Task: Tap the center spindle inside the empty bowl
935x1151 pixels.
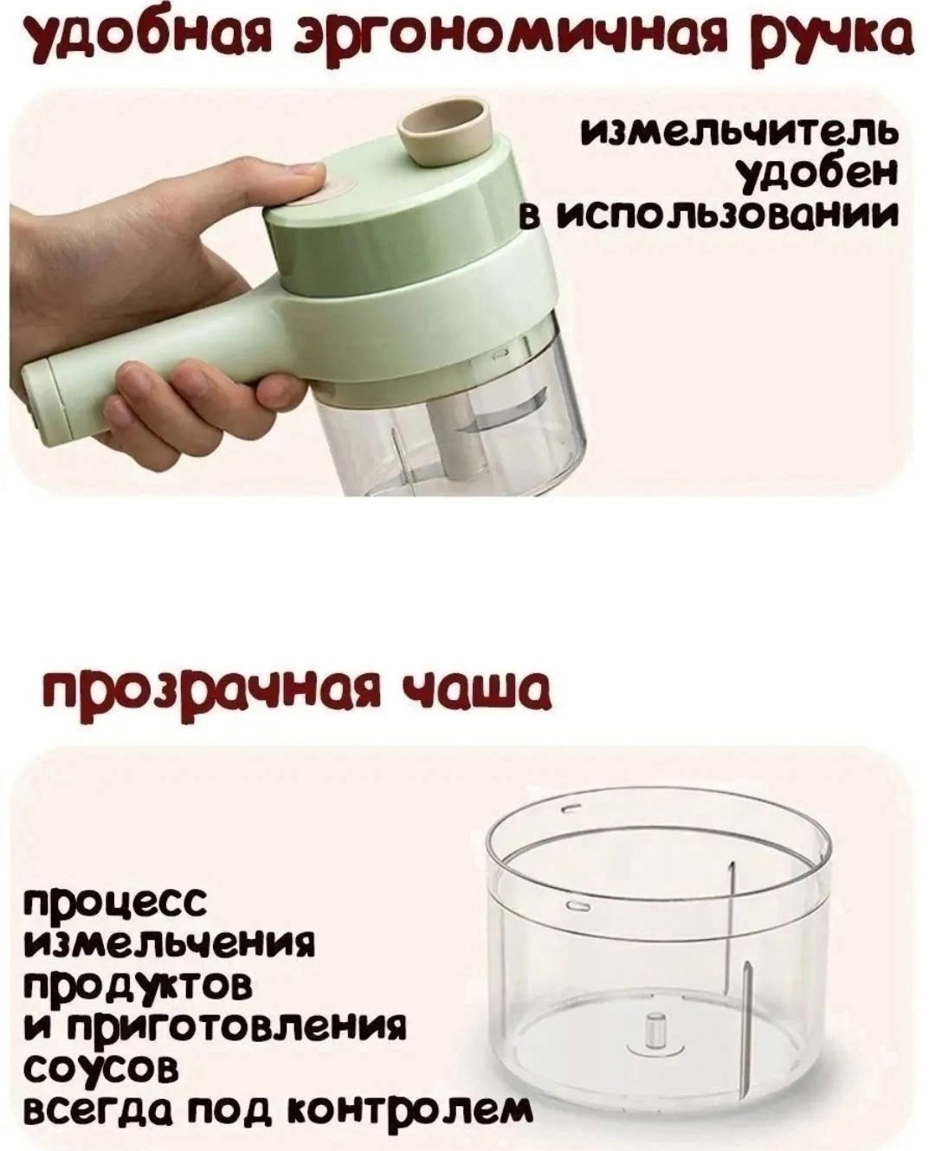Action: (x=654, y=1032)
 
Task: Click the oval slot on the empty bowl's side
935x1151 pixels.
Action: (x=576, y=905)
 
